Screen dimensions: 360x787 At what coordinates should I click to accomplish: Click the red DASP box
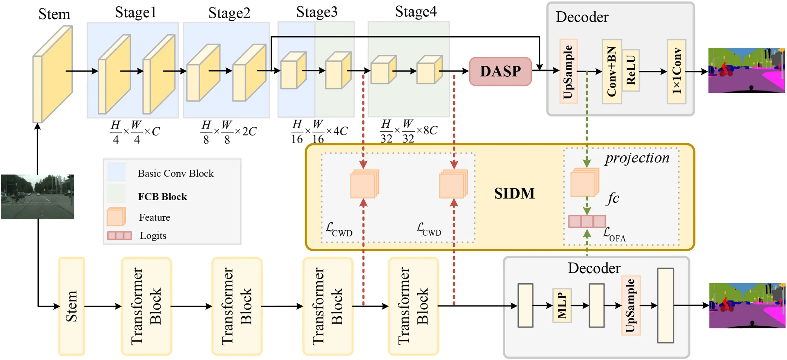[x=500, y=72]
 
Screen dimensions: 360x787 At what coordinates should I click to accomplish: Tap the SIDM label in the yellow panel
[x=514, y=193]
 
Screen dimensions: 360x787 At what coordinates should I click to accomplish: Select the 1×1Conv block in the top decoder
[x=676, y=72]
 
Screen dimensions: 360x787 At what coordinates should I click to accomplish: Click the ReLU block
[x=631, y=70]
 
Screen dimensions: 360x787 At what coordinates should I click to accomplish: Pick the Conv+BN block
[x=611, y=72]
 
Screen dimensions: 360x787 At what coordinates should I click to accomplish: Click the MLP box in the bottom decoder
[x=561, y=305]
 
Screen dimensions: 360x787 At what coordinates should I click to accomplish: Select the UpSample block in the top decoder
[x=568, y=72]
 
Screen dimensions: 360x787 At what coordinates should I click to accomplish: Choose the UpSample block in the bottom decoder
[x=631, y=305]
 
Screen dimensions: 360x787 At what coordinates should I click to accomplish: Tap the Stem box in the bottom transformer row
[x=71, y=306]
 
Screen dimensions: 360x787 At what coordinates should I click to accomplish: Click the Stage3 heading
[x=316, y=12]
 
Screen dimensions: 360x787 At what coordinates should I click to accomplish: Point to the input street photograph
[x=37, y=197]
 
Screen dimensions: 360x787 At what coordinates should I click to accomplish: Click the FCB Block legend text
[x=162, y=197]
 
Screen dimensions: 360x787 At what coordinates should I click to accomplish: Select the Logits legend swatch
[x=119, y=235]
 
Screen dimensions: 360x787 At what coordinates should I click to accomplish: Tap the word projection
[x=637, y=158]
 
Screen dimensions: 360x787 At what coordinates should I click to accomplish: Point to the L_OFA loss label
[x=614, y=234]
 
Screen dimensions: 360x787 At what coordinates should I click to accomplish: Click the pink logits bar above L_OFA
[x=586, y=221]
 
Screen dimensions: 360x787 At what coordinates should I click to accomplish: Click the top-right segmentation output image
[x=746, y=70]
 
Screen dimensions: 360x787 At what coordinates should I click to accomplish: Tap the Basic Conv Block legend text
[x=175, y=174]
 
